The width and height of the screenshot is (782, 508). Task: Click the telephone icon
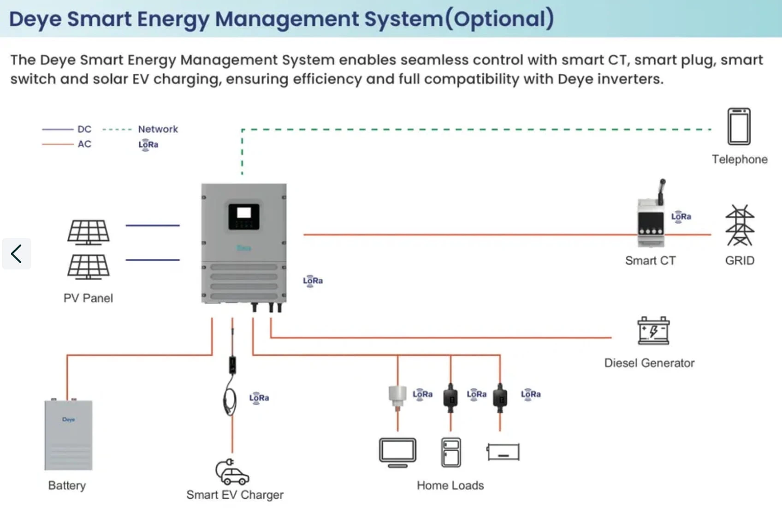click(x=739, y=126)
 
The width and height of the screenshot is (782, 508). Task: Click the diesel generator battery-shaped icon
click(x=653, y=330)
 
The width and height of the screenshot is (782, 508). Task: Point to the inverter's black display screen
click(x=243, y=216)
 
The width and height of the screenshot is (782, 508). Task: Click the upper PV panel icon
click(x=89, y=232)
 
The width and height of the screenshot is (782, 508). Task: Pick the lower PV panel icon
click(x=89, y=267)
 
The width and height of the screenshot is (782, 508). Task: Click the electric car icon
click(x=232, y=472)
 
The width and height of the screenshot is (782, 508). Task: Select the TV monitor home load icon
click(x=397, y=453)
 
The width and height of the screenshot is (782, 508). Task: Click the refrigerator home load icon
click(x=451, y=453)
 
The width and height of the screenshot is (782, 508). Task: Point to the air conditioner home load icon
click(x=503, y=452)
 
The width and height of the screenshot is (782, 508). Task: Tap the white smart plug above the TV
click(x=397, y=396)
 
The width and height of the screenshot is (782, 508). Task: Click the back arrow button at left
click(x=17, y=254)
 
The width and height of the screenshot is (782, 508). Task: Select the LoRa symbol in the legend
click(x=148, y=144)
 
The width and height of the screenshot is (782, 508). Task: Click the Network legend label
click(x=158, y=129)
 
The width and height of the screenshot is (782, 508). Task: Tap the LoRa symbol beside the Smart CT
click(x=681, y=216)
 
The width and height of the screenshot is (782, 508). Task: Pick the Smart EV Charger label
click(x=235, y=495)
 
